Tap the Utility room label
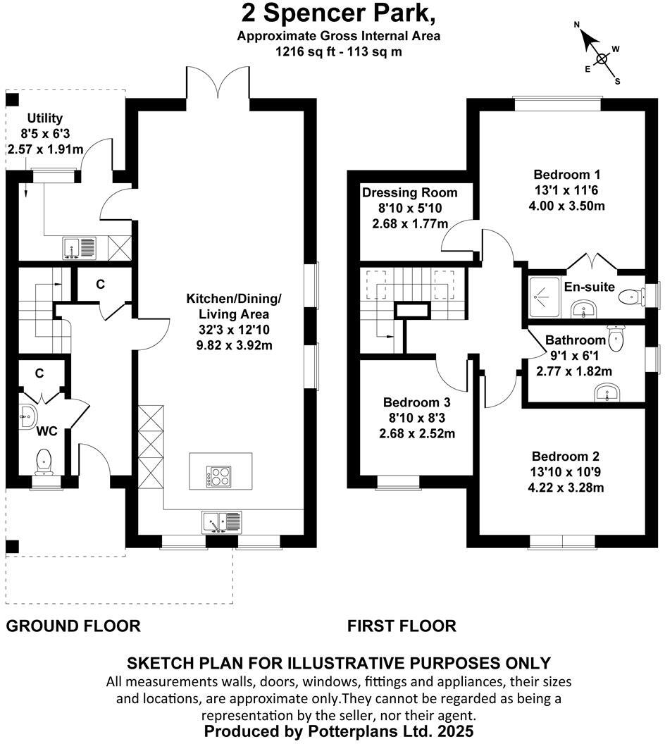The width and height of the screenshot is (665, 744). (44, 118)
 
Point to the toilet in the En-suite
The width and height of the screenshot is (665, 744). (628, 297)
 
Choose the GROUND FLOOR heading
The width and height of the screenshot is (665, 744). (73, 626)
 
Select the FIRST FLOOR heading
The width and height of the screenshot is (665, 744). (402, 626)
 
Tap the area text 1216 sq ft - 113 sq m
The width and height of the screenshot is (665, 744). (338, 51)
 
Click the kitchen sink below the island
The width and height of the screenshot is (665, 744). (221, 522)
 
